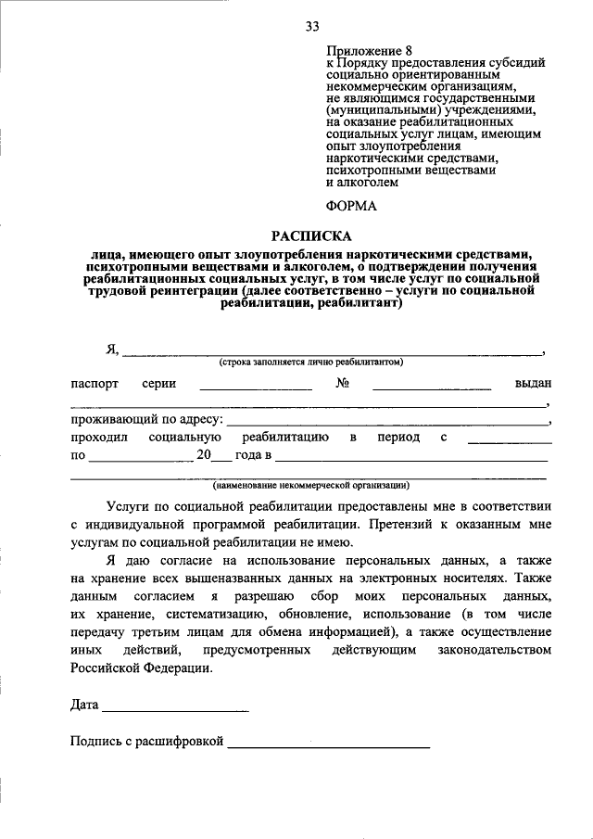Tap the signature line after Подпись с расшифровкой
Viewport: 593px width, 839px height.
329,744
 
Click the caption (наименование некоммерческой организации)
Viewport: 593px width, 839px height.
311,485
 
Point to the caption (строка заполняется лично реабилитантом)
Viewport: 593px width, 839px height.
311,362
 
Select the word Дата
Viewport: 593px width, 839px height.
84,705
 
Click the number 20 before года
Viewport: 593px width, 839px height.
204,454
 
